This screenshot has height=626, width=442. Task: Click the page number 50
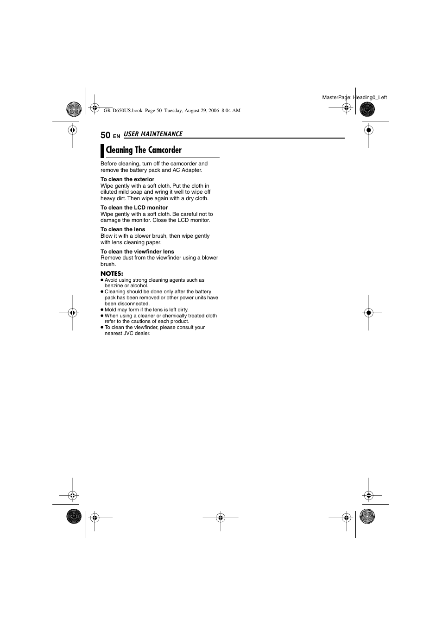[x=105, y=135]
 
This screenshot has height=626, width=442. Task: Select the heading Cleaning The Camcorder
[x=144, y=150]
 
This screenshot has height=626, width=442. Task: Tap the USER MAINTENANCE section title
[x=153, y=134]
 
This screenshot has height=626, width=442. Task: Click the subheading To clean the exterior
[x=127, y=179]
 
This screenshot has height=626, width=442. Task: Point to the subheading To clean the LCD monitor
[x=134, y=208]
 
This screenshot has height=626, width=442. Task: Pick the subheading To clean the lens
[x=123, y=229]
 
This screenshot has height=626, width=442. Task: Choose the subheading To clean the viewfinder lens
[x=137, y=252]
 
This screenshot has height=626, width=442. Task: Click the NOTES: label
[x=112, y=273]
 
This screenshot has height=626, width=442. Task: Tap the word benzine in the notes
[x=114, y=286]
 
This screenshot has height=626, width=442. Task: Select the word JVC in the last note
[x=128, y=334]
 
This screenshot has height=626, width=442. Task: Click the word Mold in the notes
[x=110, y=310]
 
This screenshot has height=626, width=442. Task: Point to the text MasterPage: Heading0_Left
[x=354, y=97]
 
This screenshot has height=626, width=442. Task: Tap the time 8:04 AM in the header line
[x=231, y=111]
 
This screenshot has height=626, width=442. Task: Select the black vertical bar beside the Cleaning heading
[x=102, y=151]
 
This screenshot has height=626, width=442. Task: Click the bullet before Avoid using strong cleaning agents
[x=102, y=280]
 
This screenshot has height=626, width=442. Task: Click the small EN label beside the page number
[x=116, y=136]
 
